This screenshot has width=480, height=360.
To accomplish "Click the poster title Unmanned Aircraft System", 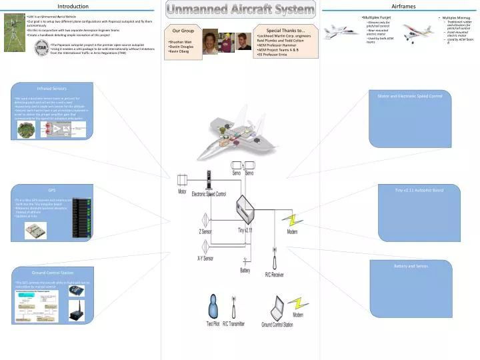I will tap(240, 9).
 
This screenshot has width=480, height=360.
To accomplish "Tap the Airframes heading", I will tap(403, 6).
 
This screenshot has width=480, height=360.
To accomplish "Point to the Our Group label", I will tap(183, 31).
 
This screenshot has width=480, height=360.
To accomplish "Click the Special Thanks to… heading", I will tap(285, 30).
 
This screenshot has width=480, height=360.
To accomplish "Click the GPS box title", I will tap(51, 189).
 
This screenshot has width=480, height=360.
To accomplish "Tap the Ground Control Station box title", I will tap(53, 273).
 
